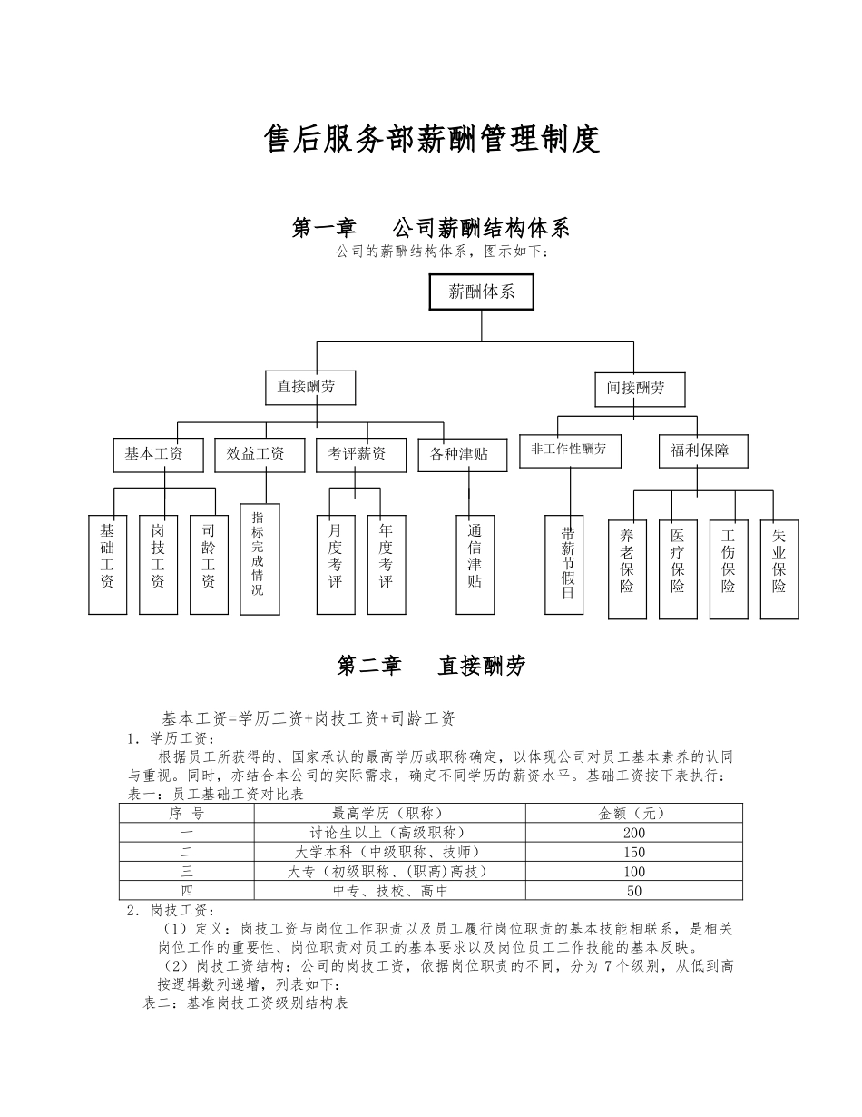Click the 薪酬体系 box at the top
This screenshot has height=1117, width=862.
(481, 292)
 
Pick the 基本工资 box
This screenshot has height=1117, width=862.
(153, 454)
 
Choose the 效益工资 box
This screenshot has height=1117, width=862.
(255, 454)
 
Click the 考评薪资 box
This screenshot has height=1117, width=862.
(357, 454)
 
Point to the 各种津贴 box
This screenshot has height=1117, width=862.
(459, 454)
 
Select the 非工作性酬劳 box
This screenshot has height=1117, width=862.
(570, 450)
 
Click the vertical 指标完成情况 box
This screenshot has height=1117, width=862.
(259, 558)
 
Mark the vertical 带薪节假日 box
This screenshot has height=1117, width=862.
(569, 564)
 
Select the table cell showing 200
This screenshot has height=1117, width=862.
(634, 833)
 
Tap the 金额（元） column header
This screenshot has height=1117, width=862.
(634, 814)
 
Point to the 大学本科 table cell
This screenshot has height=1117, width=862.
(389, 852)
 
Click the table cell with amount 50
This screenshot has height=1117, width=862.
(634, 891)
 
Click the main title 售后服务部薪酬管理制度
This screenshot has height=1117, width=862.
(431, 140)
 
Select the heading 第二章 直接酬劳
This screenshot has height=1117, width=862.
(431, 667)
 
